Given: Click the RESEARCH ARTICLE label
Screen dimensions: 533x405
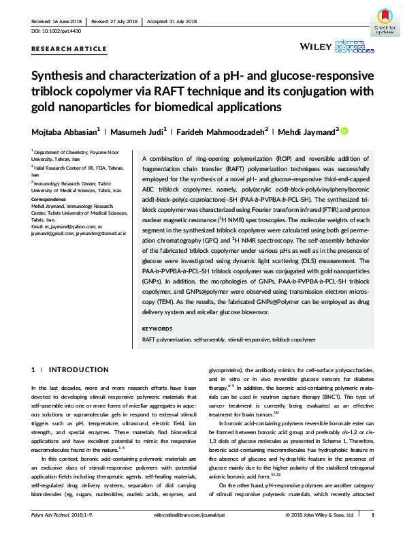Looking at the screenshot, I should click(x=69, y=49).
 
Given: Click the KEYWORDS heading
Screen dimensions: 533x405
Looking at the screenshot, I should click(x=158, y=329).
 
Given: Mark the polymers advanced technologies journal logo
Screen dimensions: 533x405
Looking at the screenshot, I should click(x=357, y=46).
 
